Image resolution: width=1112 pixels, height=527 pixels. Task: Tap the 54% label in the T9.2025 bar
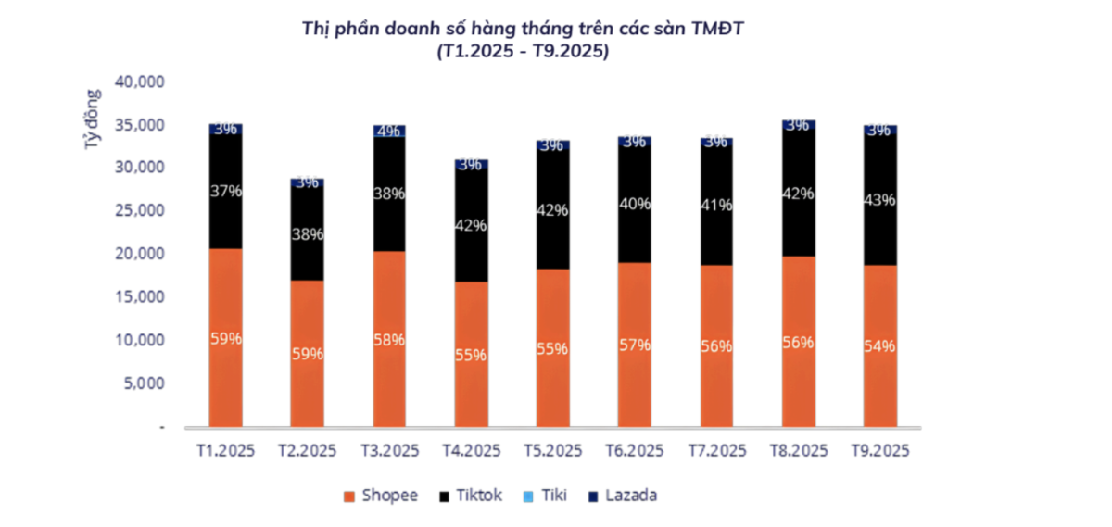[879, 345]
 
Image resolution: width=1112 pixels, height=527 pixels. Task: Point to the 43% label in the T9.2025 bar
[879, 199]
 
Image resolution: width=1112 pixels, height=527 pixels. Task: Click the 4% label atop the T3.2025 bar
[388, 131]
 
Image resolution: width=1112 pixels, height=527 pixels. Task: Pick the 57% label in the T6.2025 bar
[634, 345]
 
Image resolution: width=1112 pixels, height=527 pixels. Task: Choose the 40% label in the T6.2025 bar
[634, 203]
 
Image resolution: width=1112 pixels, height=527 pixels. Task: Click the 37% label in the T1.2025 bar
[225, 191]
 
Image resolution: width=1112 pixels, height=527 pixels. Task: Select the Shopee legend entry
[380, 496]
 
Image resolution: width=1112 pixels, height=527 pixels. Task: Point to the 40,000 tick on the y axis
[139, 82]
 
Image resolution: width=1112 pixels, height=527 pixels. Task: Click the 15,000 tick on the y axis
[139, 296]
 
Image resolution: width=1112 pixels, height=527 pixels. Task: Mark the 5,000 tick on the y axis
[144, 383]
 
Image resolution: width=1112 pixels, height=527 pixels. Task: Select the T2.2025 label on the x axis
[307, 451]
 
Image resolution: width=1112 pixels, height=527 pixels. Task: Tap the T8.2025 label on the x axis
[798, 451]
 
